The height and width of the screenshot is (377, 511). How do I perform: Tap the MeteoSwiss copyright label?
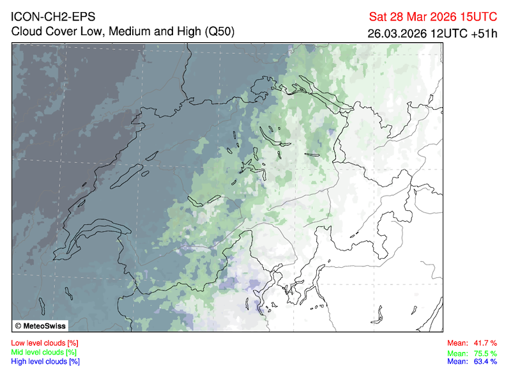[40, 325]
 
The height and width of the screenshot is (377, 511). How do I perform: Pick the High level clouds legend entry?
[45, 361]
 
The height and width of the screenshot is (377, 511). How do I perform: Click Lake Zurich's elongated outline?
[271, 135]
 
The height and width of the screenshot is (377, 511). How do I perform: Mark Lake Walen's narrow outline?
[312, 155]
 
